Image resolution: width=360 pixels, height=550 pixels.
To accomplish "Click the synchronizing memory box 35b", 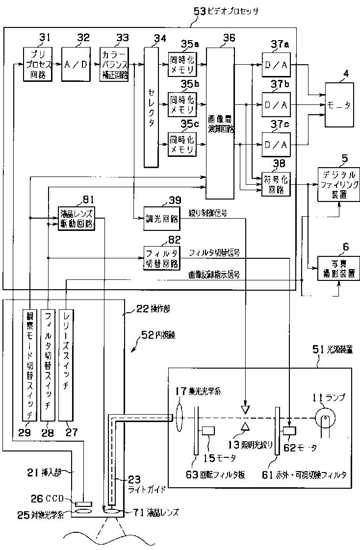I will coord(181,104).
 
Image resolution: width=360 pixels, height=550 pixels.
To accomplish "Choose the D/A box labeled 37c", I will coord(276,146).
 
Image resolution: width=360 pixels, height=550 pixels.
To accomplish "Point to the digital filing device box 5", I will coord(339,184).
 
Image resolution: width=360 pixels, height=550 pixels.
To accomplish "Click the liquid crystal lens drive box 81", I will coord(77,218).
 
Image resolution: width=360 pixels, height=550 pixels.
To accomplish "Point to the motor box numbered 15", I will coord(208,431).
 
